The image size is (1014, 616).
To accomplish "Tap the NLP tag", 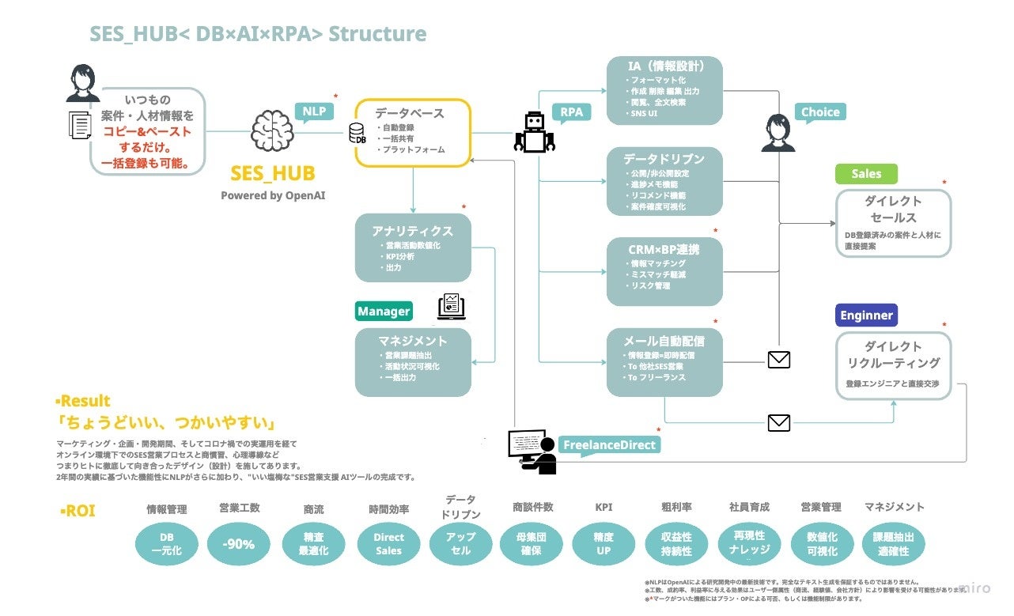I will [314, 111].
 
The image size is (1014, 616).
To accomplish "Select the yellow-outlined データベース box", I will [413, 132].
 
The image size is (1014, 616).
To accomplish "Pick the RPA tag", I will [571, 111].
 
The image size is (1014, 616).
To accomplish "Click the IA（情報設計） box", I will [664, 89].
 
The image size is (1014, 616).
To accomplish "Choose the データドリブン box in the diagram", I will [664, 181].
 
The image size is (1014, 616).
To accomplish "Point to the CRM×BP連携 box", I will [664, 271].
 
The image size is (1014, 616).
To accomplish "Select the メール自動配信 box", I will [664, 361].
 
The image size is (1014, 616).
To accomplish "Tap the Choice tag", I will [820, 111].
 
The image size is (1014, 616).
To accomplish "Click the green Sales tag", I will [866, 174].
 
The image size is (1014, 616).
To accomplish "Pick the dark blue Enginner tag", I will [866, 315].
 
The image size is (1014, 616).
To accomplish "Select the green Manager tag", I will [384, 311].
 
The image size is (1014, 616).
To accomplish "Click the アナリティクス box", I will [413, 248].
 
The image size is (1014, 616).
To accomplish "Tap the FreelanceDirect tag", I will [609, 444].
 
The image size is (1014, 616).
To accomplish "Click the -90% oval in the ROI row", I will [238, 544].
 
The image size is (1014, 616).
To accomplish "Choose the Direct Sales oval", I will [388, 544].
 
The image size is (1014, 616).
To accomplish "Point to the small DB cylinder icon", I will [358, 134].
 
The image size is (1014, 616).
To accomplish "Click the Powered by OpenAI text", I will [273, 195].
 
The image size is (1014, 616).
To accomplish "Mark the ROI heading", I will [78, 511].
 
